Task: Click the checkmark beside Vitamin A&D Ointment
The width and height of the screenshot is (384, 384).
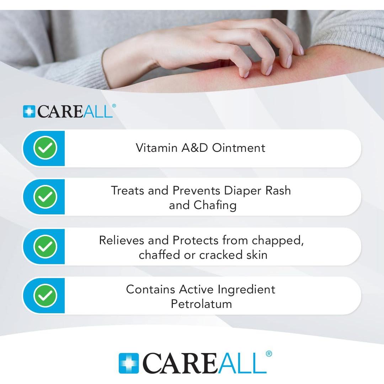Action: [x=45, y=148]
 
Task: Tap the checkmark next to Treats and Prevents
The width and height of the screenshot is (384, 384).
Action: [x=45, y=197]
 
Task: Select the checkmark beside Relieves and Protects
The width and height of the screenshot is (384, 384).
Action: [x=45, y=246]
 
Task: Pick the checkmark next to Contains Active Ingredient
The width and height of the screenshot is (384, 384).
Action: [x=45, y=295]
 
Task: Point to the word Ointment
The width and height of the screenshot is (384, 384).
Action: [x=239, y=148]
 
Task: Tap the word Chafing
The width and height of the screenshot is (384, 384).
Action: [x=215, y=206]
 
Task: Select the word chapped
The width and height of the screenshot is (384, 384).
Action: [x=278, y=241]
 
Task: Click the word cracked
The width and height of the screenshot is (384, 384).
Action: [x=218, y=255]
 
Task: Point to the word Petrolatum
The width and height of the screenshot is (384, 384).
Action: [x=201, y=304]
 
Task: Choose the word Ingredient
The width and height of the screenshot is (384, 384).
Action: [x=246, y=289]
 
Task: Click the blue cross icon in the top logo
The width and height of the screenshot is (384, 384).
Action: [x=29, y=111]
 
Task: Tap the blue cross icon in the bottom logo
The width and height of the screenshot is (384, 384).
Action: [x=129, y=363]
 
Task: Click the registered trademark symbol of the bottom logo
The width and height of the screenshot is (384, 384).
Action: [x=269, y=354]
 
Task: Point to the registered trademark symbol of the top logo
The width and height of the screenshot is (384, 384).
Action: [x=114, y=106]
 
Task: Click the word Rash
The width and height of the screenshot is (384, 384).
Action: [x=278, y=191]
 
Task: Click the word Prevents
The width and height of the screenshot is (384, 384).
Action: [x=197, y=191]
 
